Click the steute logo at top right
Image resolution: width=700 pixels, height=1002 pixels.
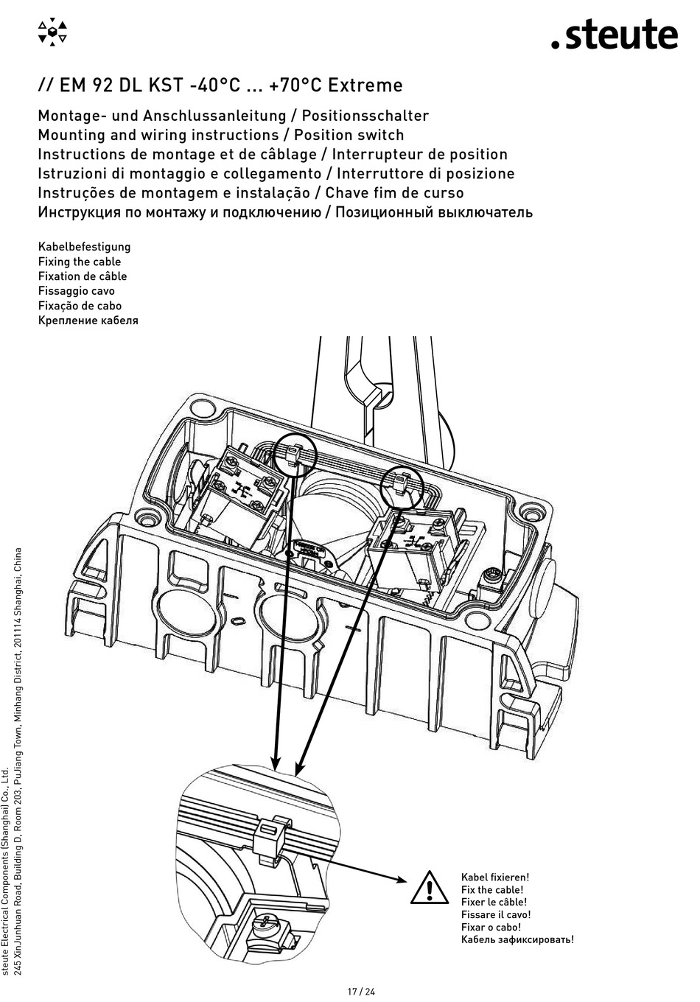coord(615,35)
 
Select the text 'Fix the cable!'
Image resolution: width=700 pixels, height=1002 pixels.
coord(492,889)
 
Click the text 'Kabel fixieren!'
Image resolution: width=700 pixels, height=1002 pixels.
coord(494,877)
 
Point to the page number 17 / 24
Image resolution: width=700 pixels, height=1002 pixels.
coord(361,991)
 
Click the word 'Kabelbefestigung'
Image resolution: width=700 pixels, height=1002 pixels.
coord(84,247)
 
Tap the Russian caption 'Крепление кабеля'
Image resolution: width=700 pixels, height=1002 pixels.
coord(88,320)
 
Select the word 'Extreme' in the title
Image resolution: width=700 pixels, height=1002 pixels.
coord(365,85)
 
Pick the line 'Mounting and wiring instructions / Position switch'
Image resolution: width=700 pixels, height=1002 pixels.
coord(220,135)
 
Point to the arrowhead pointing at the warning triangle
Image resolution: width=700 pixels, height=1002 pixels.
coord(399,879)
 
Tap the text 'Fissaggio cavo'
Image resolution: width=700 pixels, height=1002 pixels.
coord(76,291)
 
